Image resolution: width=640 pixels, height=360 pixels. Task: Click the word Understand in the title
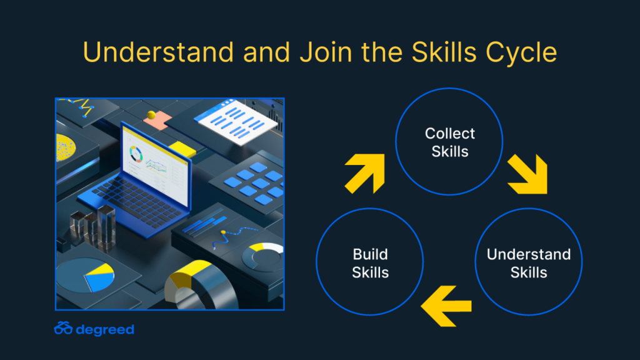click(x=158, y=52)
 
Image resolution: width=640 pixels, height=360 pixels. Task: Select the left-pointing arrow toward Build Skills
click(x=446, y=306)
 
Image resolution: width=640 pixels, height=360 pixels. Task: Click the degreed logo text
click(x=105, y=330)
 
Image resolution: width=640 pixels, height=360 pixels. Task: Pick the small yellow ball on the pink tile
click(x=151, y=115)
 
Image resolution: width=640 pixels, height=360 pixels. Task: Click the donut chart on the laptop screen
click(x=136, y=154)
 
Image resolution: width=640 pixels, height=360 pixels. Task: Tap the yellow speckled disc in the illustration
click(x=65, y=147)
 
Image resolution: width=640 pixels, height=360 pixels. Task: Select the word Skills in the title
click(x=444, y=52)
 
